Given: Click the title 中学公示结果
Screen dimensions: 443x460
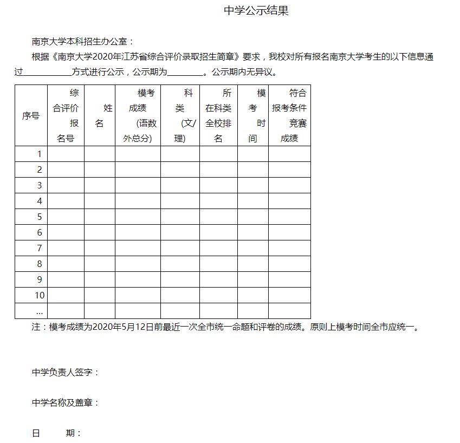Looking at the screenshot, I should pyautogui.click(x=256, y=11).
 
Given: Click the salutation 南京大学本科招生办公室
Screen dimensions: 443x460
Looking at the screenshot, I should pyautogui.click(x=82, y=42).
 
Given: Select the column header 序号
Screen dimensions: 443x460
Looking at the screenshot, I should pyautogui.click(x=31, y=115).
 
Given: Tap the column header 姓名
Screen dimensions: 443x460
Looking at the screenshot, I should pyautogui.click(x=100, y=115).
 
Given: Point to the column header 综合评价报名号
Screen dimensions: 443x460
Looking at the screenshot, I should pyautogui.click(x=66, y=115).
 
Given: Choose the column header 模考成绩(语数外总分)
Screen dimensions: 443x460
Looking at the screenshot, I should pyautogui.click(x=138, y=115).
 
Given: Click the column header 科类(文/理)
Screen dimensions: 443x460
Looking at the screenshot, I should pyautogui.click(x=180, y=115).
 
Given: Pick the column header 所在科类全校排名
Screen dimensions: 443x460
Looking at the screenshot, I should pyautogui.click(x=218, y=115).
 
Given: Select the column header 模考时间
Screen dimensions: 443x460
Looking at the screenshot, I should pyautogui.click(x=253, y=115).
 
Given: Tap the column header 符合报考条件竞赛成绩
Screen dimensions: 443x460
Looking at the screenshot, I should pyautogui.click(x=289, y=115).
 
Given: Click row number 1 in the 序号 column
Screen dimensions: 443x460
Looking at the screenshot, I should pyautogui.click(x=39, y=154).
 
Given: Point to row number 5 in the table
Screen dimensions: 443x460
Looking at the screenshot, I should pyautogui.click(x=39, y=217).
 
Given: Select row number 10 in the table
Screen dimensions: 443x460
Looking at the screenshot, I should pyautogui.click(x=40, y=295).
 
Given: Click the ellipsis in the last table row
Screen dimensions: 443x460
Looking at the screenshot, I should pyautogui.click(x=39, y=311).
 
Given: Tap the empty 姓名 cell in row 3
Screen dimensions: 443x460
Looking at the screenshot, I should pyautogui.click(x=100, y=185).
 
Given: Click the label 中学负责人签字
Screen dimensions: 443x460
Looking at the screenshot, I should pyautogui.click(x=65, y=373).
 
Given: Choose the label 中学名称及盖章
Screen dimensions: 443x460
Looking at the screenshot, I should pyautogui.click(x=65, y=403).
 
